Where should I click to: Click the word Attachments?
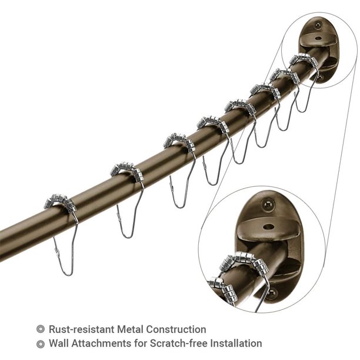(x=104, y=343)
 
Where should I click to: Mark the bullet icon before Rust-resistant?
(x=40, y=329)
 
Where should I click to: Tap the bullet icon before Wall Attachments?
(x=40, y=343)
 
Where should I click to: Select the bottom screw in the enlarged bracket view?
(x=271, y=292)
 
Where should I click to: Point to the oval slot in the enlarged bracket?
(x=268, y=226)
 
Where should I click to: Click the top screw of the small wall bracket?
(x=318, y=25)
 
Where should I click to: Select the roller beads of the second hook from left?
(x=126, y=171)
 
